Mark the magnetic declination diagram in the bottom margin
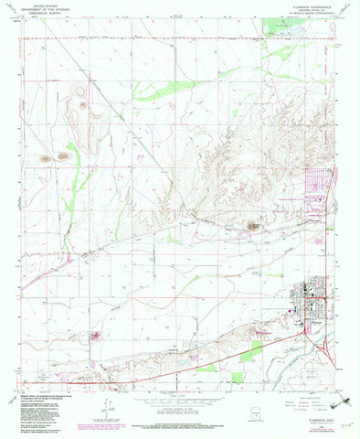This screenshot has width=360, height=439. pos(107,402)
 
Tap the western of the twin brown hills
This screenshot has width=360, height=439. pos(46,159)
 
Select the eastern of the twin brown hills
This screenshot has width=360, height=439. pos(62,156)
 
